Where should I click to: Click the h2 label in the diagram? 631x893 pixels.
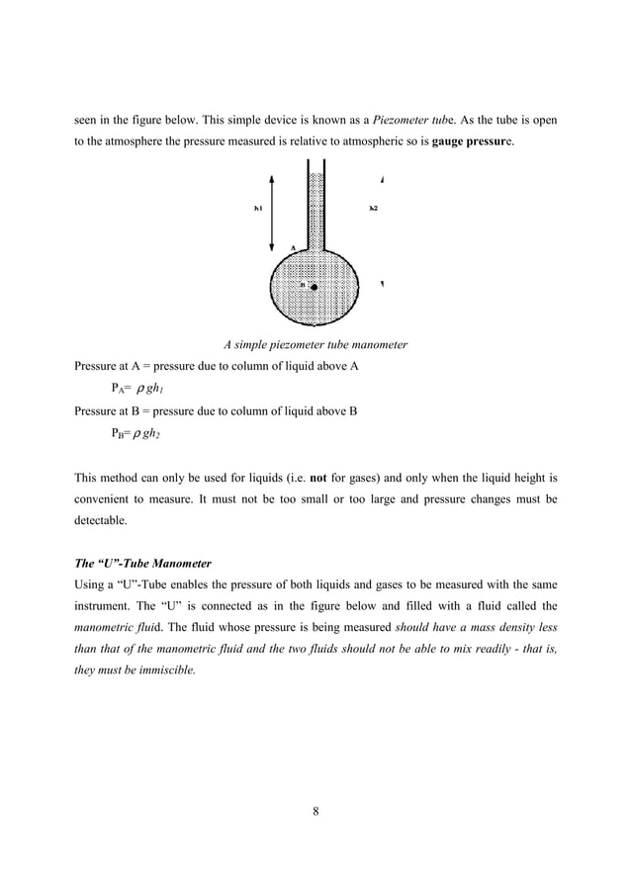click(x=373, y=209)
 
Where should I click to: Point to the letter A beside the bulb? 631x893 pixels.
click(x=293, y=246)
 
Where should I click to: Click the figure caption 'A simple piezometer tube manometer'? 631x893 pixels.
click(x=315, y=345)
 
